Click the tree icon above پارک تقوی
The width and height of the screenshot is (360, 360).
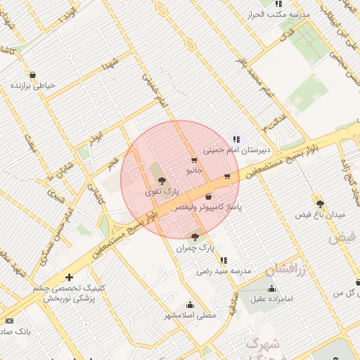tap(162, 181)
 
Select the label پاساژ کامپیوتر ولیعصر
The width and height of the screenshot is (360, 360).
tap(209, 208)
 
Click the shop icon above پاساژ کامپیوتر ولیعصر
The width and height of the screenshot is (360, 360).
tap(209, 196)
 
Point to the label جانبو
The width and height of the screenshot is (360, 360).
tap(194, 170)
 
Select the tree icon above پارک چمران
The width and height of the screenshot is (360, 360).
tap(195, 237)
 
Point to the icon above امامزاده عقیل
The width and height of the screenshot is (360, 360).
tap(272, 288)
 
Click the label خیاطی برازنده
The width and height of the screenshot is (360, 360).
tap(32, 86)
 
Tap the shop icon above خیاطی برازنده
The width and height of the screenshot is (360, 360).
tap(32, 75)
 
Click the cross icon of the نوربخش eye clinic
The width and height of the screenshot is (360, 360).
tap(68, 277)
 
